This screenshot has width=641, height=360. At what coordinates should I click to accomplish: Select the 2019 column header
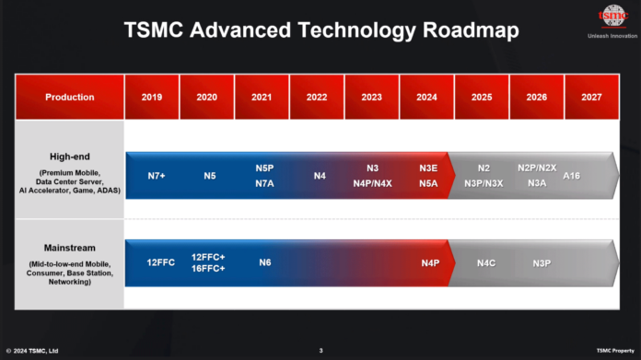152,97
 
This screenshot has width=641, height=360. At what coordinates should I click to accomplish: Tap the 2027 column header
590,97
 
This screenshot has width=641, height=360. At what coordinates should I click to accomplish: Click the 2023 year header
371,97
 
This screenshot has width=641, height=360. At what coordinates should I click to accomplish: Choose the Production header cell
70,97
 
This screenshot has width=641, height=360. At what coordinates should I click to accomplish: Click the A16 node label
571,175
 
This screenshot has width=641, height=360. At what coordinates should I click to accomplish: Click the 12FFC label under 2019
160,263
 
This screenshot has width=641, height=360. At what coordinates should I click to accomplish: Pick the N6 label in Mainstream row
264,263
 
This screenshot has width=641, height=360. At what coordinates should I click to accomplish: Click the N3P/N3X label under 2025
484,182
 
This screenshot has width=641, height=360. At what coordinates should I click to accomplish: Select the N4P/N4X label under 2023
372,182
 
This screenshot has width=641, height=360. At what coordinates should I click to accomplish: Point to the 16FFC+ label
208,269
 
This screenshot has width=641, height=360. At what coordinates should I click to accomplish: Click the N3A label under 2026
536,182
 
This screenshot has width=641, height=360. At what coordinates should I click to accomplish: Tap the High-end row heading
70,157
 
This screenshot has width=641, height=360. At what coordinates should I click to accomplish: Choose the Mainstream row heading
70,247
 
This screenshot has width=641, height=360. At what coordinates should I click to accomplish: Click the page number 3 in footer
320,351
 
